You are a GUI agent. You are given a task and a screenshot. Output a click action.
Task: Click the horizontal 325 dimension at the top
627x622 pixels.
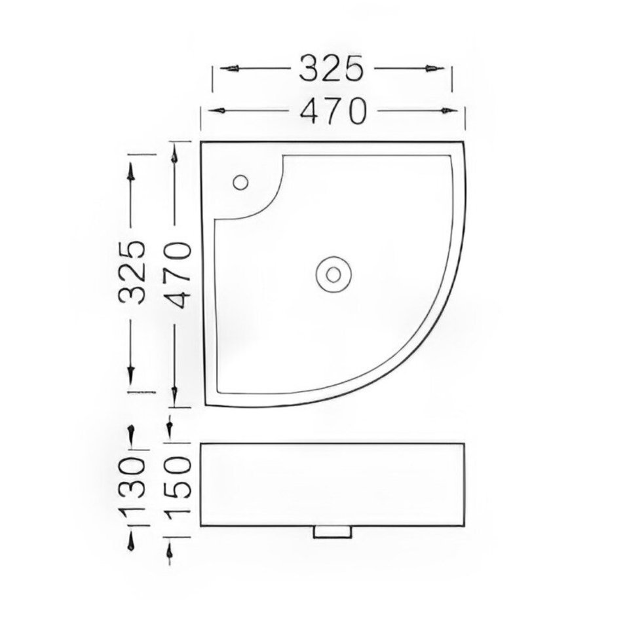click(x=332, y=68)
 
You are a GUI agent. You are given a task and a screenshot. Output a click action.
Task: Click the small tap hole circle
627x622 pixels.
click(x=240, y=182)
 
